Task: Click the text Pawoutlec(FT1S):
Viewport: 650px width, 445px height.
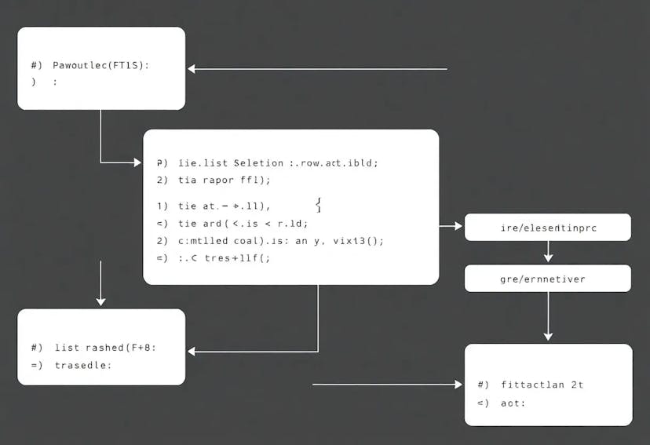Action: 100,65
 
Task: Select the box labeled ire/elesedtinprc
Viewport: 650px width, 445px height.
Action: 547,227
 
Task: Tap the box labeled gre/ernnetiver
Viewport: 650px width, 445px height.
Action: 547,279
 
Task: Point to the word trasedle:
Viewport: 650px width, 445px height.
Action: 83,365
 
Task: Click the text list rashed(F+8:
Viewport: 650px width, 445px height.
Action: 105,347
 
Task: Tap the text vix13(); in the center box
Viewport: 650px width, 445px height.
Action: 358,241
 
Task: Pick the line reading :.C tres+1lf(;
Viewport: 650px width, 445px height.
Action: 224,257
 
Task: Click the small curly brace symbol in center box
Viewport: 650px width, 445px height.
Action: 318,205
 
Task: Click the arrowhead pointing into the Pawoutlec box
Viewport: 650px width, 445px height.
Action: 192,69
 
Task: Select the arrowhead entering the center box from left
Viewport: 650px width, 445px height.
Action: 137,162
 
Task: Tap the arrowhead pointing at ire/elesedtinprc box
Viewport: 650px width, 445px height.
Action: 458,226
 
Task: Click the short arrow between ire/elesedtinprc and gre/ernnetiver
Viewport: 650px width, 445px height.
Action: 548,252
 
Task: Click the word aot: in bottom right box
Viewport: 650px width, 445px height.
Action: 513,403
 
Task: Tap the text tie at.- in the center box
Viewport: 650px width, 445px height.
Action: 209,206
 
